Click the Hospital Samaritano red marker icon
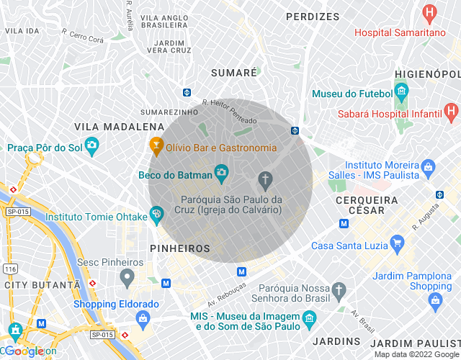point(430,12)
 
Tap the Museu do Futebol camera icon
point(401,91)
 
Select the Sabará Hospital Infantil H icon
point(451,111)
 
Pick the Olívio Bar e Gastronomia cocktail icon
point(155,146)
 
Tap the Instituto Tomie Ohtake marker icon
point(156,214)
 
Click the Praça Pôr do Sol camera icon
point(91,146)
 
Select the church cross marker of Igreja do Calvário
point(265,179)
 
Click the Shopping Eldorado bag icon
point(143,318)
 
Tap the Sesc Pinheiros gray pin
point(127,276)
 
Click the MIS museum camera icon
point(309,318)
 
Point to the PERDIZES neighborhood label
point(312,16)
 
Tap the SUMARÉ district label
point(234,73)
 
